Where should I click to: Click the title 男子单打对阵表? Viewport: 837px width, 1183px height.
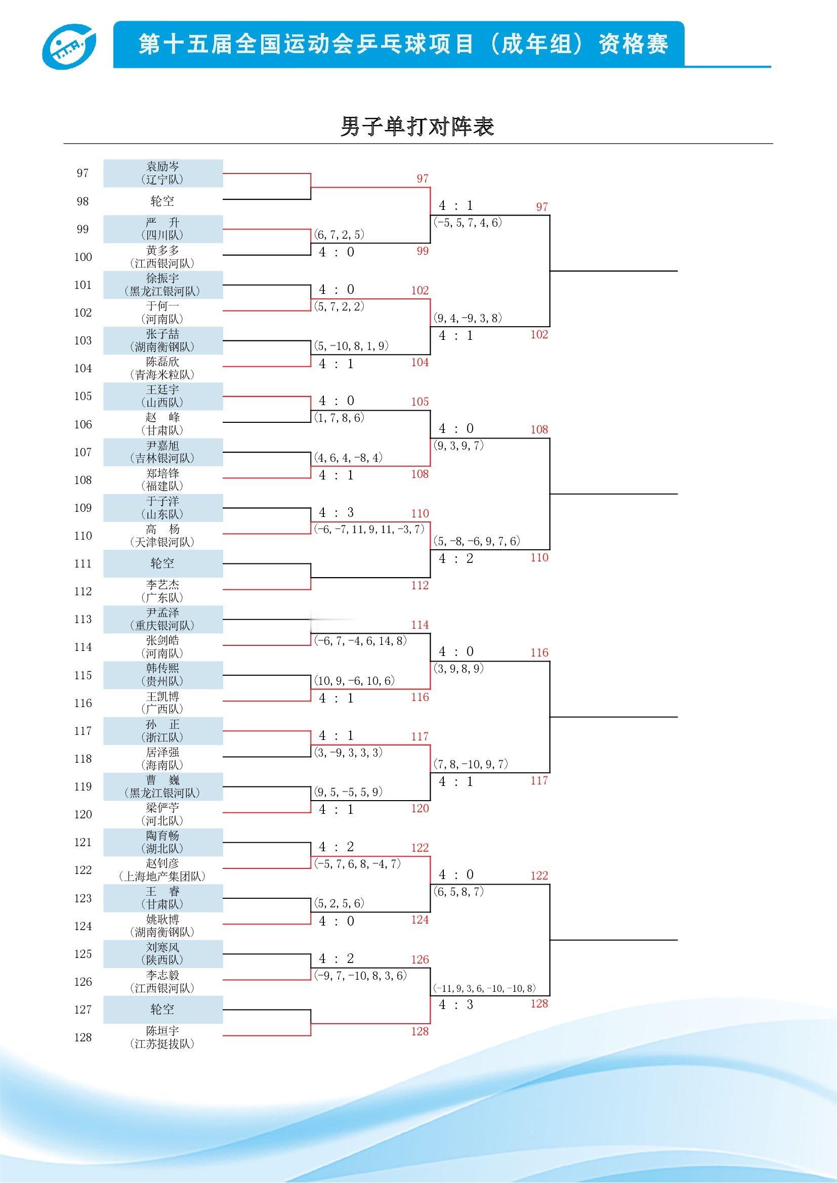coord(417,126)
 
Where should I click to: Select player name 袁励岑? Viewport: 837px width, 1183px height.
coord(163,166)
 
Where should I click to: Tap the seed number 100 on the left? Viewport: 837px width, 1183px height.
coord(83,257)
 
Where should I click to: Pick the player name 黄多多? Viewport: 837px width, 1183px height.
coord(163,250)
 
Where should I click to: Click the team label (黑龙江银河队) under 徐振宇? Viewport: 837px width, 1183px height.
coord(163,291)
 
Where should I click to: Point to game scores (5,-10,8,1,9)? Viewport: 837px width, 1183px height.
coord(351,346)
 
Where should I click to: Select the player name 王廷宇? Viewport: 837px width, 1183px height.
coord(163,389)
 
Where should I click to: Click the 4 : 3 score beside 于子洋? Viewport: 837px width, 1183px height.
coord(336,512)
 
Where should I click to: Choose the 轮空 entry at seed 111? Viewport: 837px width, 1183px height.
coord(163,563)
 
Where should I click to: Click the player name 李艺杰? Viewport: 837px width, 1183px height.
coord(163,585)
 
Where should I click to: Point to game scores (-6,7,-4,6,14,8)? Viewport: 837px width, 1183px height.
coord(360,640)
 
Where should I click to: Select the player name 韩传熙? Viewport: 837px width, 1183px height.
coord(163,668)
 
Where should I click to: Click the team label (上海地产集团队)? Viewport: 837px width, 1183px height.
coord(163,877)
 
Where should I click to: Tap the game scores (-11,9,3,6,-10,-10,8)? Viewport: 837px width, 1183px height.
coord(484,988)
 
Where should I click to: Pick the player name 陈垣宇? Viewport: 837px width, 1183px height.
coord(163,1030)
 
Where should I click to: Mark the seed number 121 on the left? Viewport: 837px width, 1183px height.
coord(83,843)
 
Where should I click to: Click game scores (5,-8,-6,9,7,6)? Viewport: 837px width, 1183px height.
coord(477,541)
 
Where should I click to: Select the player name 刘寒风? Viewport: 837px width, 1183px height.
coord(163,947)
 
